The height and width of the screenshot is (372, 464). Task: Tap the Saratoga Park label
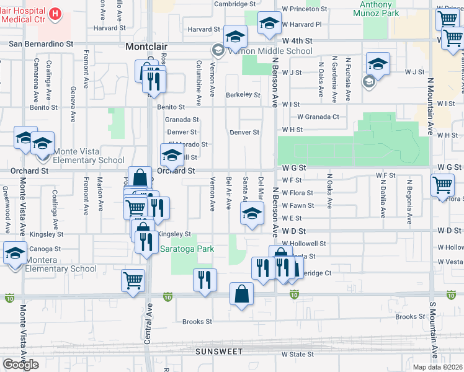pyautogui.click(x=187, y=249)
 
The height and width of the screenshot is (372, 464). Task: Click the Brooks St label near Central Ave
pyautogui.click(x=197, y=322)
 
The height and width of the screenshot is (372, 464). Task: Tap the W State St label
pyautogui.click(x=298, y=355)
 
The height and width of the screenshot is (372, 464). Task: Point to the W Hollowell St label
pyautogui.click(x=303, y=244)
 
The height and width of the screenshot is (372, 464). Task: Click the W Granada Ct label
pyautogui.click(x=318, y=117)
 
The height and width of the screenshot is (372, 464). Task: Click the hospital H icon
pyautogui.click(x=56, y=14)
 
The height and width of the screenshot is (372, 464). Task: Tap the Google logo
pyautogui.click(x=20, y=364)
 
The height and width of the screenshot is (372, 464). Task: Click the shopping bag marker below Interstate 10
pyautogui.click(x=241, y=294)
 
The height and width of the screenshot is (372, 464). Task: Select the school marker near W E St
pyautogui.click(x=251, y=215)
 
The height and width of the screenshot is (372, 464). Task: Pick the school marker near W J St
pyautogui.click(x=378, y=63)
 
